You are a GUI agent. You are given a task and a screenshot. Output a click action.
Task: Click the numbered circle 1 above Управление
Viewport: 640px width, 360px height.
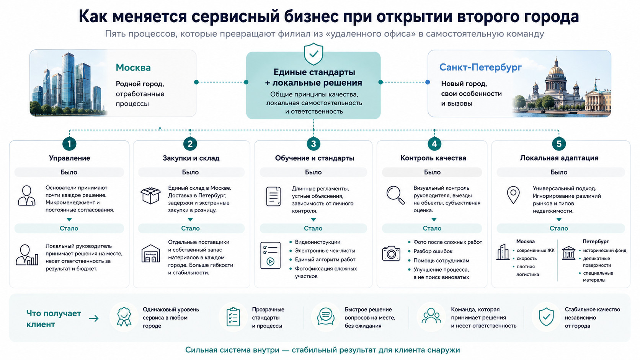(69, 143)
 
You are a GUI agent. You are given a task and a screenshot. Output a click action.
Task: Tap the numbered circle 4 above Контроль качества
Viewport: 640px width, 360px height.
(434, 143)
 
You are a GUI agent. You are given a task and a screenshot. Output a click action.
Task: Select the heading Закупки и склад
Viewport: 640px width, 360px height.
(191, 158)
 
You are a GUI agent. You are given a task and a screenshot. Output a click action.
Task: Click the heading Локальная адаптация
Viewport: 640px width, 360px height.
(559, 158)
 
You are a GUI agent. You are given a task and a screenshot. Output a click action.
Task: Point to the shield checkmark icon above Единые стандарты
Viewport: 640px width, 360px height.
(313, 54)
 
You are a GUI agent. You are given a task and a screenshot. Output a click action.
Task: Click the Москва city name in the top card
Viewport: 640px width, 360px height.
(133, 68)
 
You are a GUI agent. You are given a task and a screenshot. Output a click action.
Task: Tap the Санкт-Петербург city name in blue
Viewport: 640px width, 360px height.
(480, 67)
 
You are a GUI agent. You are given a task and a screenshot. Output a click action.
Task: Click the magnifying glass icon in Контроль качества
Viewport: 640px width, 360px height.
(395, 195)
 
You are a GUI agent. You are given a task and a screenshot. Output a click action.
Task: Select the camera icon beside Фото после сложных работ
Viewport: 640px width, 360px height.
(391, 253)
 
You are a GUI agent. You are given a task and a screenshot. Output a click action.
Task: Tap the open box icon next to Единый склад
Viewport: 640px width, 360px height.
(150, 195)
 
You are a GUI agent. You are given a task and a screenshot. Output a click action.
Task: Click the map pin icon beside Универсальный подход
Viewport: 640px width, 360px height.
(513, 195)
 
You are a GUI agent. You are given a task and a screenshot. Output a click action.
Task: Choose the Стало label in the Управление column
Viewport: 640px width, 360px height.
(69, 228)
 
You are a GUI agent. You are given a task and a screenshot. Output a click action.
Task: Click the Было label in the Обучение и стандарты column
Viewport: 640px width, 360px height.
(313, 172)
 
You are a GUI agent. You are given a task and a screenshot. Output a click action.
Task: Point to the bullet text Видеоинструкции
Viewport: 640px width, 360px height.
(318, 242)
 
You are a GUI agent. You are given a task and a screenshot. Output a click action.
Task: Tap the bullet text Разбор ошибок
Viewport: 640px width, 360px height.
(433, 251)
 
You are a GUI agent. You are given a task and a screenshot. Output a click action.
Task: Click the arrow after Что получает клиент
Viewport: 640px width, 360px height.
(94, 318)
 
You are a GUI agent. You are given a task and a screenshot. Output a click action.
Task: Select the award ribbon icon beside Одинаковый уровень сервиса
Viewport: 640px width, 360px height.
(124, 317)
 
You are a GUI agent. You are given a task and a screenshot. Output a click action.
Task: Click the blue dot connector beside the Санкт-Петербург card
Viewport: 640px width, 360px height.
(428, 82)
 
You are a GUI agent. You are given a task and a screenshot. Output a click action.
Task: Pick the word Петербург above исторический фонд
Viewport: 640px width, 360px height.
(596, 241)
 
